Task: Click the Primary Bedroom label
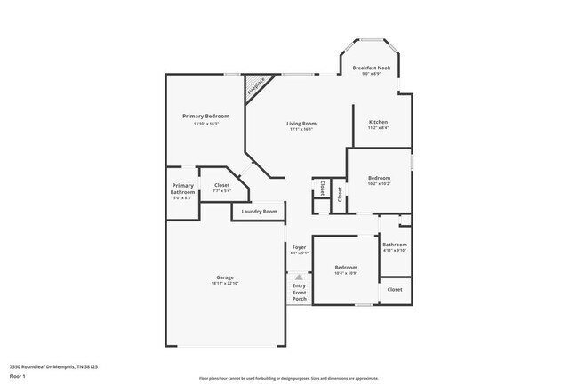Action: coord(205,117)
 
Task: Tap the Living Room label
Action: coord(301,124)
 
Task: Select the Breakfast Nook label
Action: coord(371,68)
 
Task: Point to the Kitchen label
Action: coord(378,122)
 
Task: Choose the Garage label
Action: coord(225,277)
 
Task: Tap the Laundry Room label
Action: coord(259,212)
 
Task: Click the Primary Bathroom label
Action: coord(183,189)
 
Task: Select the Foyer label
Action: coord(299,247)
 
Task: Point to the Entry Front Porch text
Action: coord(299,292)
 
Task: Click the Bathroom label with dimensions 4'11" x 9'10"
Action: coord(395,245)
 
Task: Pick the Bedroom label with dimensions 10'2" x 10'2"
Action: coord(380,178)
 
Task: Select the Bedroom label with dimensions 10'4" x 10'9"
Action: coord(345,268)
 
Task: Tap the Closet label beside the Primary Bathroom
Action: coord(221,185)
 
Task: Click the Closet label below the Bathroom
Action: coord(395,289)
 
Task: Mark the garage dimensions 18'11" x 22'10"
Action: coord(225,283)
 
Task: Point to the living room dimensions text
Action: coord(301,130)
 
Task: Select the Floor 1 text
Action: coord(17,375)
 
